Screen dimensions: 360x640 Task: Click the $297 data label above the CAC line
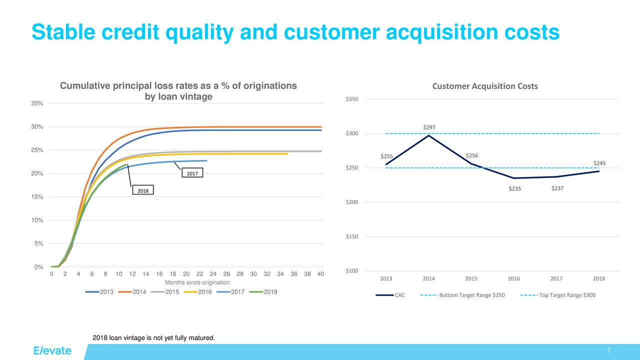(429, 127)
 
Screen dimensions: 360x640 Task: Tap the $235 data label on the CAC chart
(515, 188)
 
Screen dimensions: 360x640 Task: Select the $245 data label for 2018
(599, 163)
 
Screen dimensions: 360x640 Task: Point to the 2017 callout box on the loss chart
(192, 173)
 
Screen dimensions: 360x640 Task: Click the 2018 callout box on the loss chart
(143, 190)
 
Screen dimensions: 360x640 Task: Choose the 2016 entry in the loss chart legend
(198, 292)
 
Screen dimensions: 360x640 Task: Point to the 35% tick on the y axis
(37, 103)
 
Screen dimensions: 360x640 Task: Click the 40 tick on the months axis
(321, 274)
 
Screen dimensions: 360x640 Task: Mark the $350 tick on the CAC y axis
(351, 99)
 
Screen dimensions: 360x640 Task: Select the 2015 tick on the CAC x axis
(471, 278)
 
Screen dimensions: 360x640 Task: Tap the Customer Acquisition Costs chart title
(484, 86)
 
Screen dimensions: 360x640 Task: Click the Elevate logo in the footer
(52, 350)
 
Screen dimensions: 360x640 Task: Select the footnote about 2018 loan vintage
(154, 338)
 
